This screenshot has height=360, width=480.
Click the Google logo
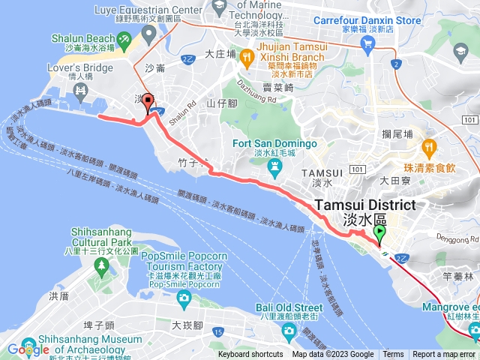click(28, 349)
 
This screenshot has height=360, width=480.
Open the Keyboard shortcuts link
click(251, 355)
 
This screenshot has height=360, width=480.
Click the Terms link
click(393, 355)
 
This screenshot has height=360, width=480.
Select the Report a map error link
click(444, 355)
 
